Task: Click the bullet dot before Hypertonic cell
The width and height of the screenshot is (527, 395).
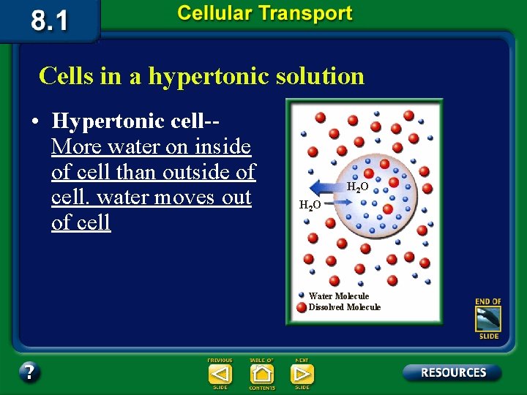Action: click(x=35, y=121)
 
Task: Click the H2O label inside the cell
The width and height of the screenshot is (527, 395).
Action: click(x=357, y=187)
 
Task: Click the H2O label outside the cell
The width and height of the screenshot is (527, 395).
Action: click(x=310, y=206)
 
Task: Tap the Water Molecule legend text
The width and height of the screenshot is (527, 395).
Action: click(x=339, y=296)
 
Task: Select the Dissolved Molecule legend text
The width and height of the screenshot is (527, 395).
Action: click(x=345, y=307)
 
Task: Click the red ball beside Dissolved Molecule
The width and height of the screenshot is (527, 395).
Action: click(x=302, y=307)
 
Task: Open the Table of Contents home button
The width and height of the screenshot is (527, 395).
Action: click(x=261, y=374)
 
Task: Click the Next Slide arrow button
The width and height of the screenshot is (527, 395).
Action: click(x=302, y=374)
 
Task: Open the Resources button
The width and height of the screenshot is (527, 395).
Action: click(x=452, y=372)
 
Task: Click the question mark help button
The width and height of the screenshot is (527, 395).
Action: click(x=29, y=372)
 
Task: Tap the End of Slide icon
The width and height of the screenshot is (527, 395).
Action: click(x=488, y=319)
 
